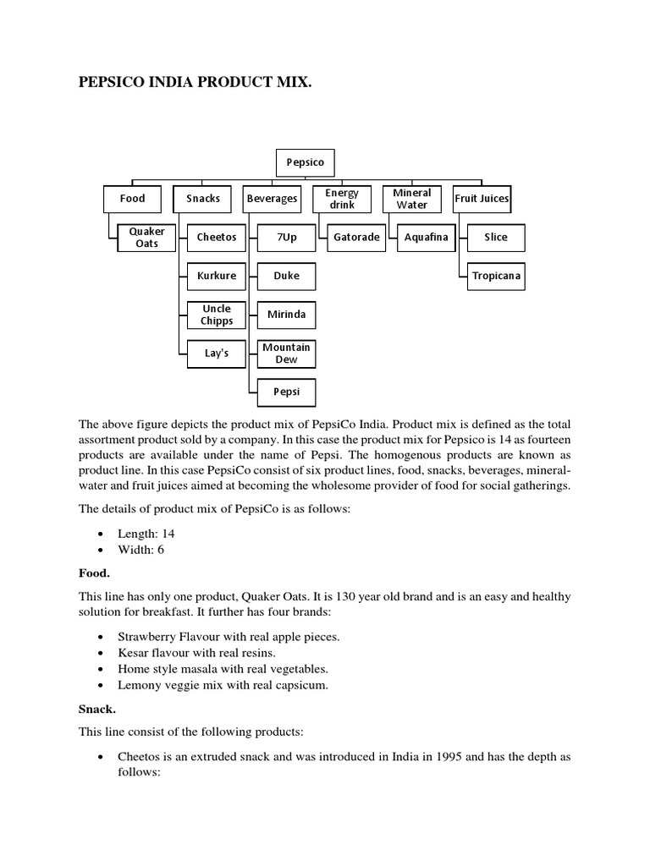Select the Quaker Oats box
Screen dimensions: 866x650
coord(147,238)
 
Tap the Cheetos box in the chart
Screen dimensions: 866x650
coord(217,238)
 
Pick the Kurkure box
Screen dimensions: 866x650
coord(217,277)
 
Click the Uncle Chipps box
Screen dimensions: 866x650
coord(217,315)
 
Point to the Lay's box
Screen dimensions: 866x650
coord(217,354)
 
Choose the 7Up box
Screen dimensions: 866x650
coord(287,238)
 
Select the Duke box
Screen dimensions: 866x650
coord(287,277)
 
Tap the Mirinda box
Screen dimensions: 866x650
coord(287,315)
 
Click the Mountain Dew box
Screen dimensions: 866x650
coord(287,354)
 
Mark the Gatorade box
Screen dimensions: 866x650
coord(356,238)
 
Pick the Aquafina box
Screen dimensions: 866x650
coord(427,238)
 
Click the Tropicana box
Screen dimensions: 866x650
coord(496,277)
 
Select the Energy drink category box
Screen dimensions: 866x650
coord(342,199)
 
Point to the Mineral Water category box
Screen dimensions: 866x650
coord(411,199)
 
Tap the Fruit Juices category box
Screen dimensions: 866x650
coord(482,199)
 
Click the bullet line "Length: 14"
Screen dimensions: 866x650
coord(146,534)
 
